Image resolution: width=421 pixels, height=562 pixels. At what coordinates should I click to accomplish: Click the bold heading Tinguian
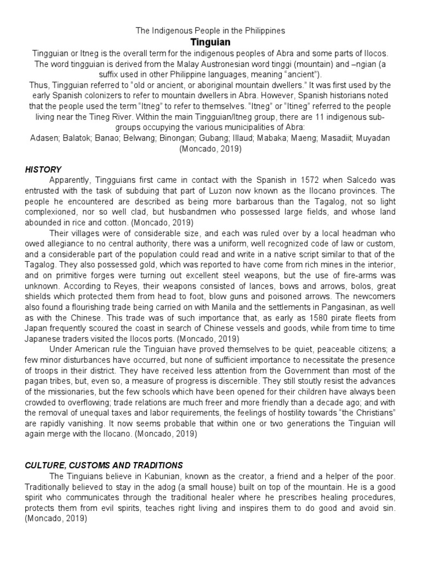210,42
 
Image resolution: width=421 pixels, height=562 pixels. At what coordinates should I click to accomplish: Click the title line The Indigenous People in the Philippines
210,31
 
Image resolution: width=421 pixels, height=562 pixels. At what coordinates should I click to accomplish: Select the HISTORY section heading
43,170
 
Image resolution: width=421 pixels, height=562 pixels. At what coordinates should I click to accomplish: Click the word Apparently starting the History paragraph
70,181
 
